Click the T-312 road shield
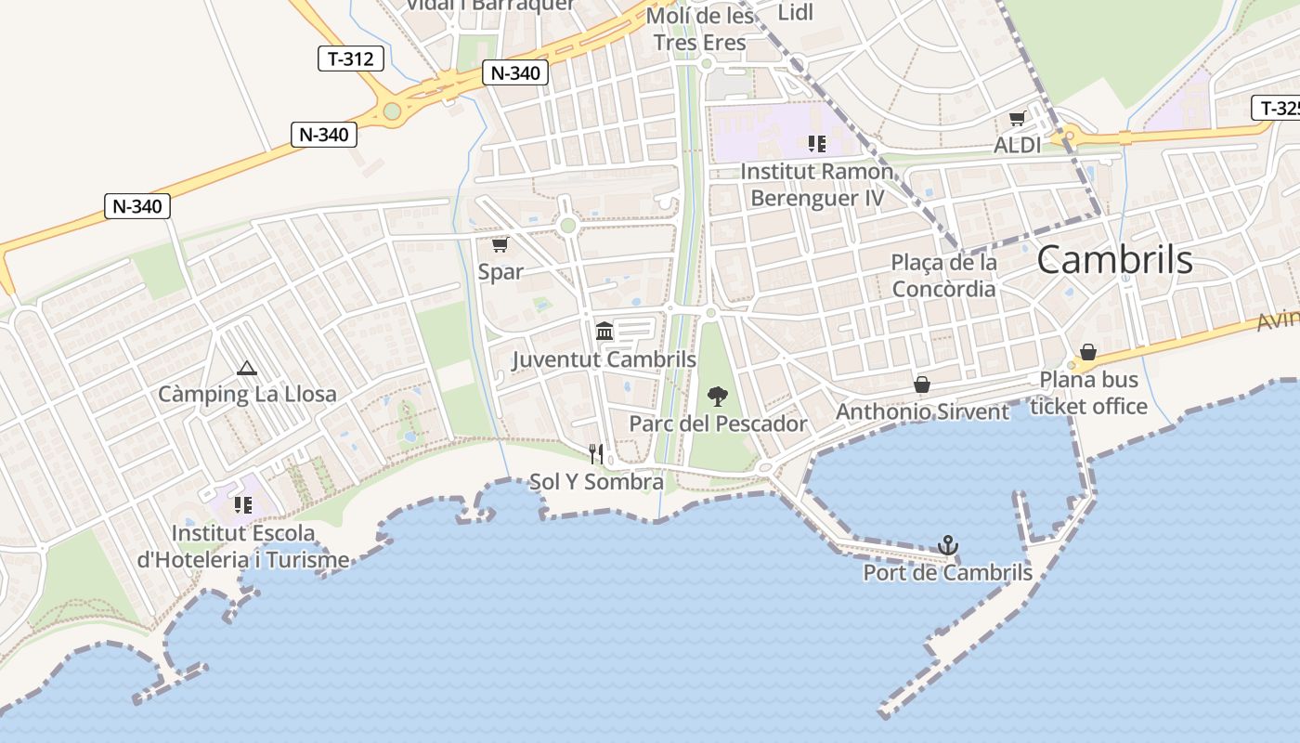click(351, 59)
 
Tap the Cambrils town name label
click(1114, 260)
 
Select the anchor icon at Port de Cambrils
click(948, 545)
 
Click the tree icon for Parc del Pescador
click(718, 397)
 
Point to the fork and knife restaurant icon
click(596, 454)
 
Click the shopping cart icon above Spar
click(500, 244)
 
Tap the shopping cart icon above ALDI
click(1018, 119)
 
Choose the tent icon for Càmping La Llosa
click(246, 368)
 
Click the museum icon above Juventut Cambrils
click(604, 331)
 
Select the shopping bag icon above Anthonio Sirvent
click(922, 384)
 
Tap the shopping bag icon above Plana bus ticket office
click(1088, 352)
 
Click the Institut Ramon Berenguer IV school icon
click(817, 143)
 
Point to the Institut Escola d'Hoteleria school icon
click(243, 505)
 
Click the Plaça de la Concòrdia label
click(944, 276)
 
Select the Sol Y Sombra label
click(596, 482)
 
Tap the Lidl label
click(796, 12)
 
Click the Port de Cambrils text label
click(947, 573)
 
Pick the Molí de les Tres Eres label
click(700, 30)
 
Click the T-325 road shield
click(1280, 108)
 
